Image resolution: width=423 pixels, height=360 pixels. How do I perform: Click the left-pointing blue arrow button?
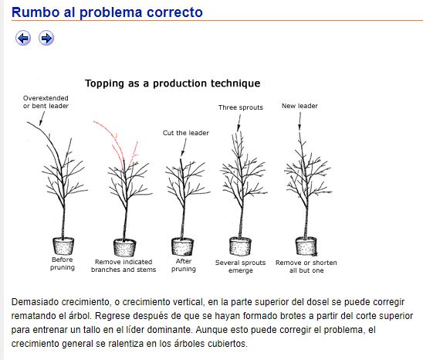tap(23, 38)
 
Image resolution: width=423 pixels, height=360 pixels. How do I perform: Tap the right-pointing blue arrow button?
tap(46, 38)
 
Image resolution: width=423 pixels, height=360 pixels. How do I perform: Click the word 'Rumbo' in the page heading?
tap(36, 12)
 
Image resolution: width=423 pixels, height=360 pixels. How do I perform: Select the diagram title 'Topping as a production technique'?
tap(173, 83)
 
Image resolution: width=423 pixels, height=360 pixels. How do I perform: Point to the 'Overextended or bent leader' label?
tap(46, 102)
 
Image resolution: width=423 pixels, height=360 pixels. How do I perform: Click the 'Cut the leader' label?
tap(186, 133)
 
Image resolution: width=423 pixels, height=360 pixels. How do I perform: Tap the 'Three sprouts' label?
tap(241, 107)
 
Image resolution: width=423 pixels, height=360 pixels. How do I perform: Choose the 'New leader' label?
tap(299, 106)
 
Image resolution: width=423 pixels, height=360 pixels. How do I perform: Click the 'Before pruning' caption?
tap(63, 263)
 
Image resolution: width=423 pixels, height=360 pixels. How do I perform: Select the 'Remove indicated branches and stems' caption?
tap(124, 266)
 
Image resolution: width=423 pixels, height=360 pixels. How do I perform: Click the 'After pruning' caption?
tap(184, 265)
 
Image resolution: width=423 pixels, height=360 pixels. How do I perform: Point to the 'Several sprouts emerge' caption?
tap(240, 267)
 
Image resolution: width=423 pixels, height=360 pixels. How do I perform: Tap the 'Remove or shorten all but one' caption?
tap(306, 267)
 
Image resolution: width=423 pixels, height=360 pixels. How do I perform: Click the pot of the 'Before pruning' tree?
tap(63, 246)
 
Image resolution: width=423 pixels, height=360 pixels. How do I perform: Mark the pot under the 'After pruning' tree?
tap(182, 247)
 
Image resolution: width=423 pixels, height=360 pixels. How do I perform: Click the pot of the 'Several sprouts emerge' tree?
tap(240, 246)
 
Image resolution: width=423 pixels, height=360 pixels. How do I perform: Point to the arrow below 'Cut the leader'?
tap(184, 148)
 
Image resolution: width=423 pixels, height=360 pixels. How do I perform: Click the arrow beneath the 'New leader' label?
tap(299, 121)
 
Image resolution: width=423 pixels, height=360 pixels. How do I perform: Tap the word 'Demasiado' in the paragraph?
tap(36, 302)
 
